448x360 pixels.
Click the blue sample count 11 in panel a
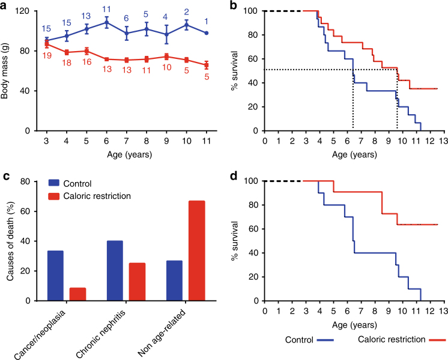click(x=106, y=9)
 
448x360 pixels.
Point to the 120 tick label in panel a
click(x=25, y=11)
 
